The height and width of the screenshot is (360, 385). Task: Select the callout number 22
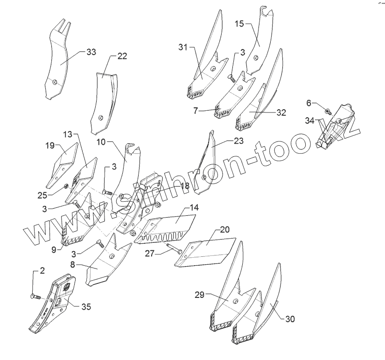click(121, 56)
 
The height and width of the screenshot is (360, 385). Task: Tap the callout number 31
click(182, 47)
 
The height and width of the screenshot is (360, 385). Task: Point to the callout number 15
click(238, 23)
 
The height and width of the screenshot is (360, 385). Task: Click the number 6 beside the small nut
click(308, 103)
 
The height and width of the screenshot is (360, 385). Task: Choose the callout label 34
click(310, 121)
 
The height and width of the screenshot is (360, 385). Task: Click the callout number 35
click(86, 307)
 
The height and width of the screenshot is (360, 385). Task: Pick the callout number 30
click(289, 319)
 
